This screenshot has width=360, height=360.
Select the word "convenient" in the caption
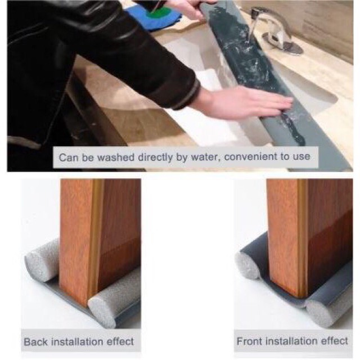(x=251, y=157)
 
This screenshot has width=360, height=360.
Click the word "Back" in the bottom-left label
(x=36, y=341)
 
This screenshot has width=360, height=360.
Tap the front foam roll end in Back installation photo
(x=102, y=310)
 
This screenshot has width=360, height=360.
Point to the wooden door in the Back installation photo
(x=100, y=238)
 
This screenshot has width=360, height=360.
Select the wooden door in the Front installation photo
(x=310, y=236)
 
